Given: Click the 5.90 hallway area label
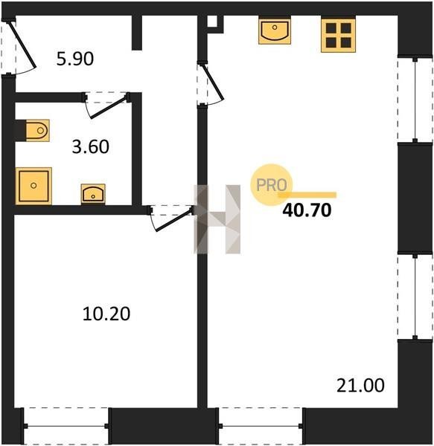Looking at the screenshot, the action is [75, 59].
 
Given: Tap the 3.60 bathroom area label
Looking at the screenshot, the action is [91, 146].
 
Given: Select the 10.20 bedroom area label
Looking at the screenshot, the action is [106, 314].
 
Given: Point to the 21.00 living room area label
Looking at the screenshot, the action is [360, 385].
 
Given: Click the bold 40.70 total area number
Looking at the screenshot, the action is [307, 210].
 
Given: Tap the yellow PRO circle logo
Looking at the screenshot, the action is [272, 185].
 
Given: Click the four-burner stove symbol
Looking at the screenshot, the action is [338, 36].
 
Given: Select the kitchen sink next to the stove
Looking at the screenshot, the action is [275, 31].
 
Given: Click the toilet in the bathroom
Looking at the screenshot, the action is [37, 131].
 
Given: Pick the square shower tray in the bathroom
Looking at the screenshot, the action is [33, 186].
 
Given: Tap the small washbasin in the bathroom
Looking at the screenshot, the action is [93, 194].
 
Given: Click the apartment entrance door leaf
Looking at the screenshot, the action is [23, 44].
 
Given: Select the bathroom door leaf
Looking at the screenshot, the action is [108, 107].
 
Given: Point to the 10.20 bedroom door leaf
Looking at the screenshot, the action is [173, 220].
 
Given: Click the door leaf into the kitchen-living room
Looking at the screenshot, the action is [213, 83].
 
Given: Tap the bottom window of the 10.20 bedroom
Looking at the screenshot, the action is [66, 426].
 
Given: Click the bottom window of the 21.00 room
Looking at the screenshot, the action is [261, 426].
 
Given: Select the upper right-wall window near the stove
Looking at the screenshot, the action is [415, 100].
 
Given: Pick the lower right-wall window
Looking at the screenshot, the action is [415, 297].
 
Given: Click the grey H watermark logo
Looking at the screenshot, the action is [217, 219].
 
